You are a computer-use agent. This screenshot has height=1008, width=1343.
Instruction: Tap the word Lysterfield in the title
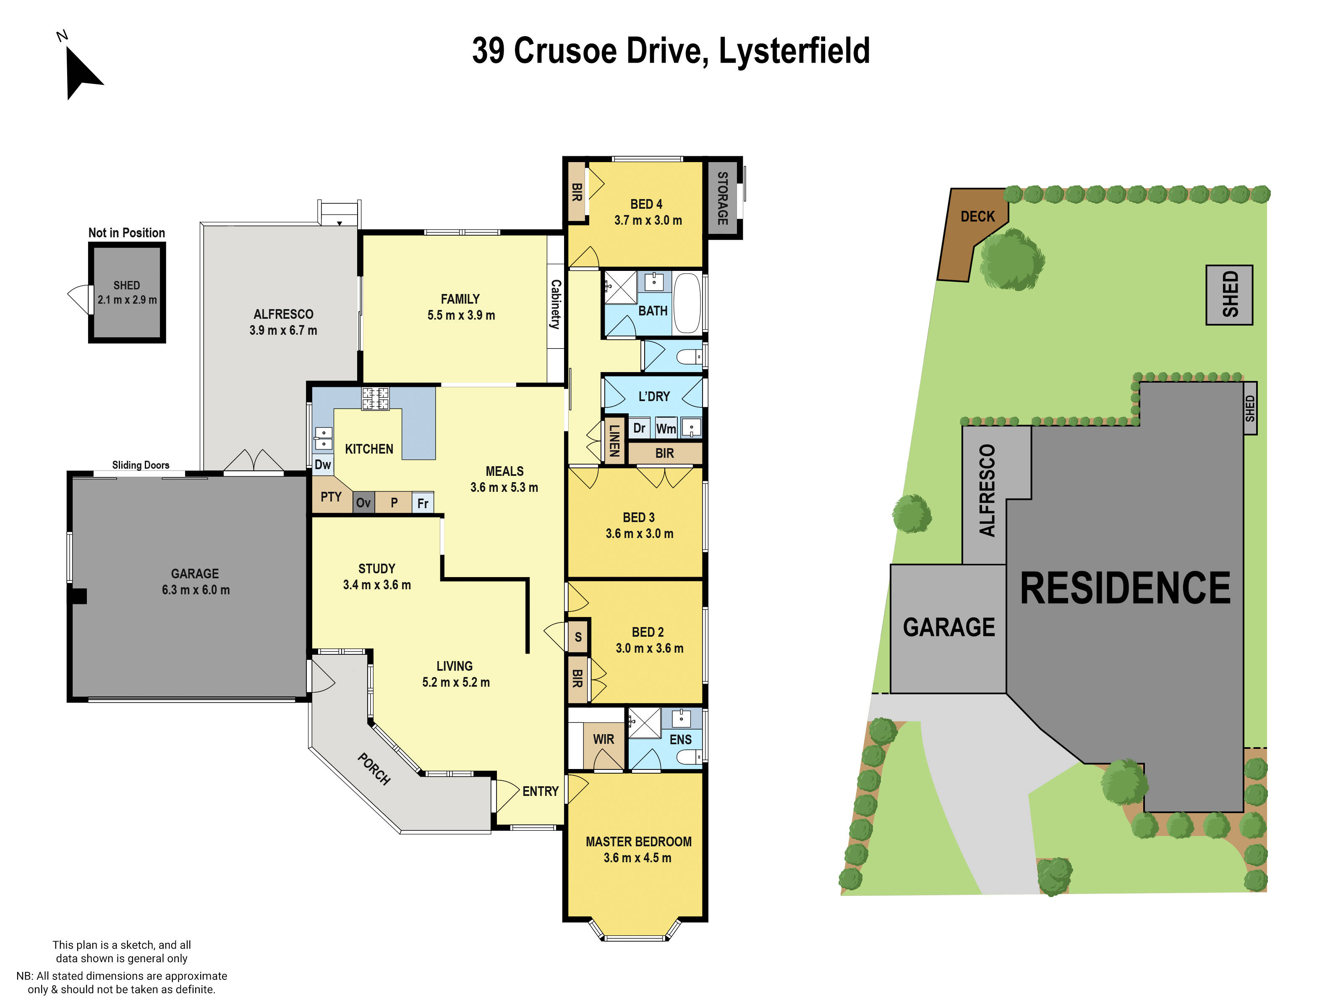pyautogui.click(x=794, y=51)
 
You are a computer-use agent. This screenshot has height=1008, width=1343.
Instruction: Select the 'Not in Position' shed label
pyautogui.click(x=126, y=233)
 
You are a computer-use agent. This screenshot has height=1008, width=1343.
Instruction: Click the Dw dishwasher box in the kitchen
pyautogui.click(x=323, y=465)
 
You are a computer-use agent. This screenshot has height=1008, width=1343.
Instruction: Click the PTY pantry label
pyautogui.click(x=331, y=497)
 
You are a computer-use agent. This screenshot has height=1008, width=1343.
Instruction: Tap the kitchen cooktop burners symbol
pyautogui.click(x=375, y=399)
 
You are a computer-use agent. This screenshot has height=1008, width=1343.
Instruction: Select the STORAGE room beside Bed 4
pyautogui.click(x=723, y=198)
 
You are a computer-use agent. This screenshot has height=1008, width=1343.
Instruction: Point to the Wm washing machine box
pyautogui.click(x=666, y=428)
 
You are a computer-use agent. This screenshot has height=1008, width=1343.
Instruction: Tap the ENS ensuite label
pyautogui.click(x=681, y=740)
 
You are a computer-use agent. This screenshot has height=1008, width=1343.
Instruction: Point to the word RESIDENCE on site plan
pyautogui.click(x=1125, y=588)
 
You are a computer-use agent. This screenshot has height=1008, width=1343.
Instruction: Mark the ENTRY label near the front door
pyautogui.click(x=541, y=791)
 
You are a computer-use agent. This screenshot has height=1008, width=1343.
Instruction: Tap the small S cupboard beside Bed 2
pyautogui.click(x=578, y=637)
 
